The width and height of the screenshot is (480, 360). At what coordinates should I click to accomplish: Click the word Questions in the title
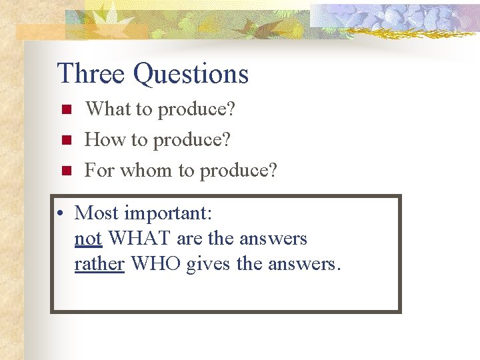191,75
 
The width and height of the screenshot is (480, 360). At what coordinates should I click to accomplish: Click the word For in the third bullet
99,171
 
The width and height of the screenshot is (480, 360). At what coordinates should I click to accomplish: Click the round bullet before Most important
61,214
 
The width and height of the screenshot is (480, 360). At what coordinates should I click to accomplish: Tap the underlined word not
88,239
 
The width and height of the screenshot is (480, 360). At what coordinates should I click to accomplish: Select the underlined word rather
99,264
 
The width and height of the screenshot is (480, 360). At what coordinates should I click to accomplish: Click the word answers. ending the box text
304,265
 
